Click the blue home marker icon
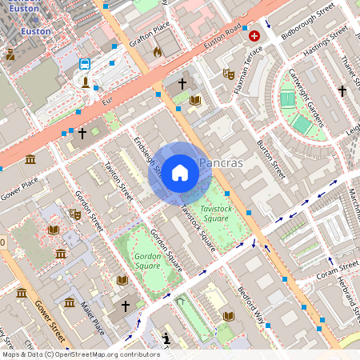(x=180, y=172)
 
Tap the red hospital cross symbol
(x=254, y=36)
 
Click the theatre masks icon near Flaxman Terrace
(x=228, y=74)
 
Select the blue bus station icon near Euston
(x=85, y=63)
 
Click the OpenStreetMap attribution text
(x=79, y=354)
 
